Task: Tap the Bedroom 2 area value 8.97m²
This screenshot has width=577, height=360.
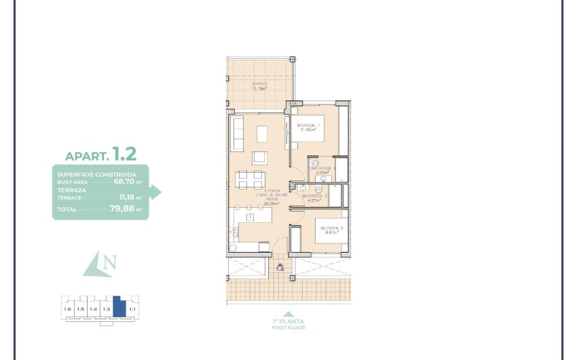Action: (x=332, y=232)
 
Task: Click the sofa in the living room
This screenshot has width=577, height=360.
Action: (x=238, y=133)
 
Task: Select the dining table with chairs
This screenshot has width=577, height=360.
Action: (x=250, y=179)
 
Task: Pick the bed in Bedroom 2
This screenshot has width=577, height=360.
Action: (x=331, y=230)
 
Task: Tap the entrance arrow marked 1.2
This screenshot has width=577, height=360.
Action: (x=280, y=266)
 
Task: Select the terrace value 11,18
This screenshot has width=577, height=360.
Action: (x=126, y=198)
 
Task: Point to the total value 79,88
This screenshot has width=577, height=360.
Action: (x=123, y=209)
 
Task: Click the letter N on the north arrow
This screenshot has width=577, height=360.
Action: (x=110, y=262)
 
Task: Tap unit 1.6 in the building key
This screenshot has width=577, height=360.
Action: (x=67, y=309)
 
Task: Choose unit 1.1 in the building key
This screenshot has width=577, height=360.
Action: (x=132, y=309)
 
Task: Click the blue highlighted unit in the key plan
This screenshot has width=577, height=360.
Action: (x=119, y=307)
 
